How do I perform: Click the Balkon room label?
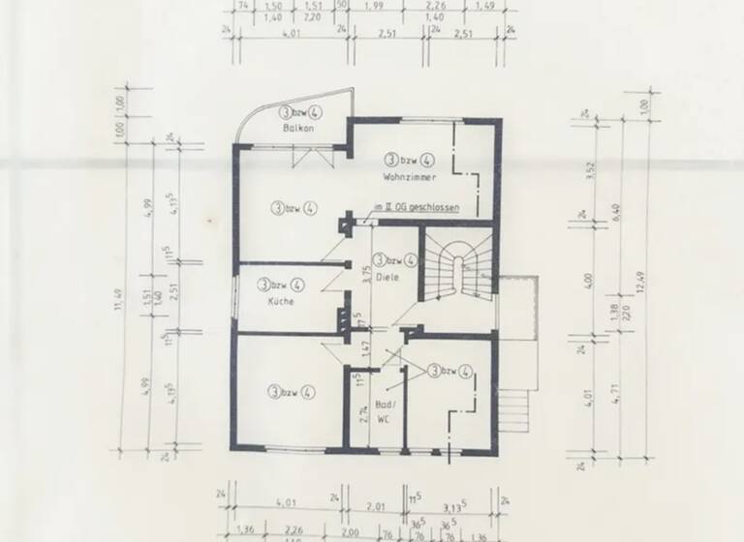294,128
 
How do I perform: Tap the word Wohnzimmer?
409,178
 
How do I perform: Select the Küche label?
281,301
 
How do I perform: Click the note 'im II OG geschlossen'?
416,208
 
